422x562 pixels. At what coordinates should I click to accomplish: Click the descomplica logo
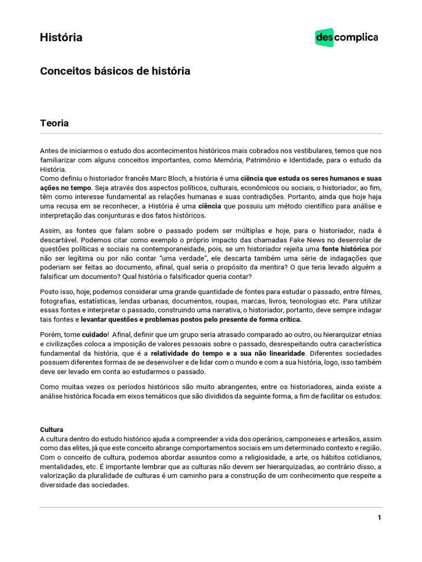click(x=346, y=37)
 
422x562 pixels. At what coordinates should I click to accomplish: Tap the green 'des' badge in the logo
click(x=325, y=37)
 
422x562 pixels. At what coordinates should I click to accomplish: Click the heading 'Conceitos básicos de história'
click(x=115, y=71)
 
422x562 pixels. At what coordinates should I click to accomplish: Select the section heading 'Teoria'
click(x=54, y=123)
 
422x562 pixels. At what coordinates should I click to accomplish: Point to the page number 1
click(x=379, y=517)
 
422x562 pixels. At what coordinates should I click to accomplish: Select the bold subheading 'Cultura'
click(x=52, y=429)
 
